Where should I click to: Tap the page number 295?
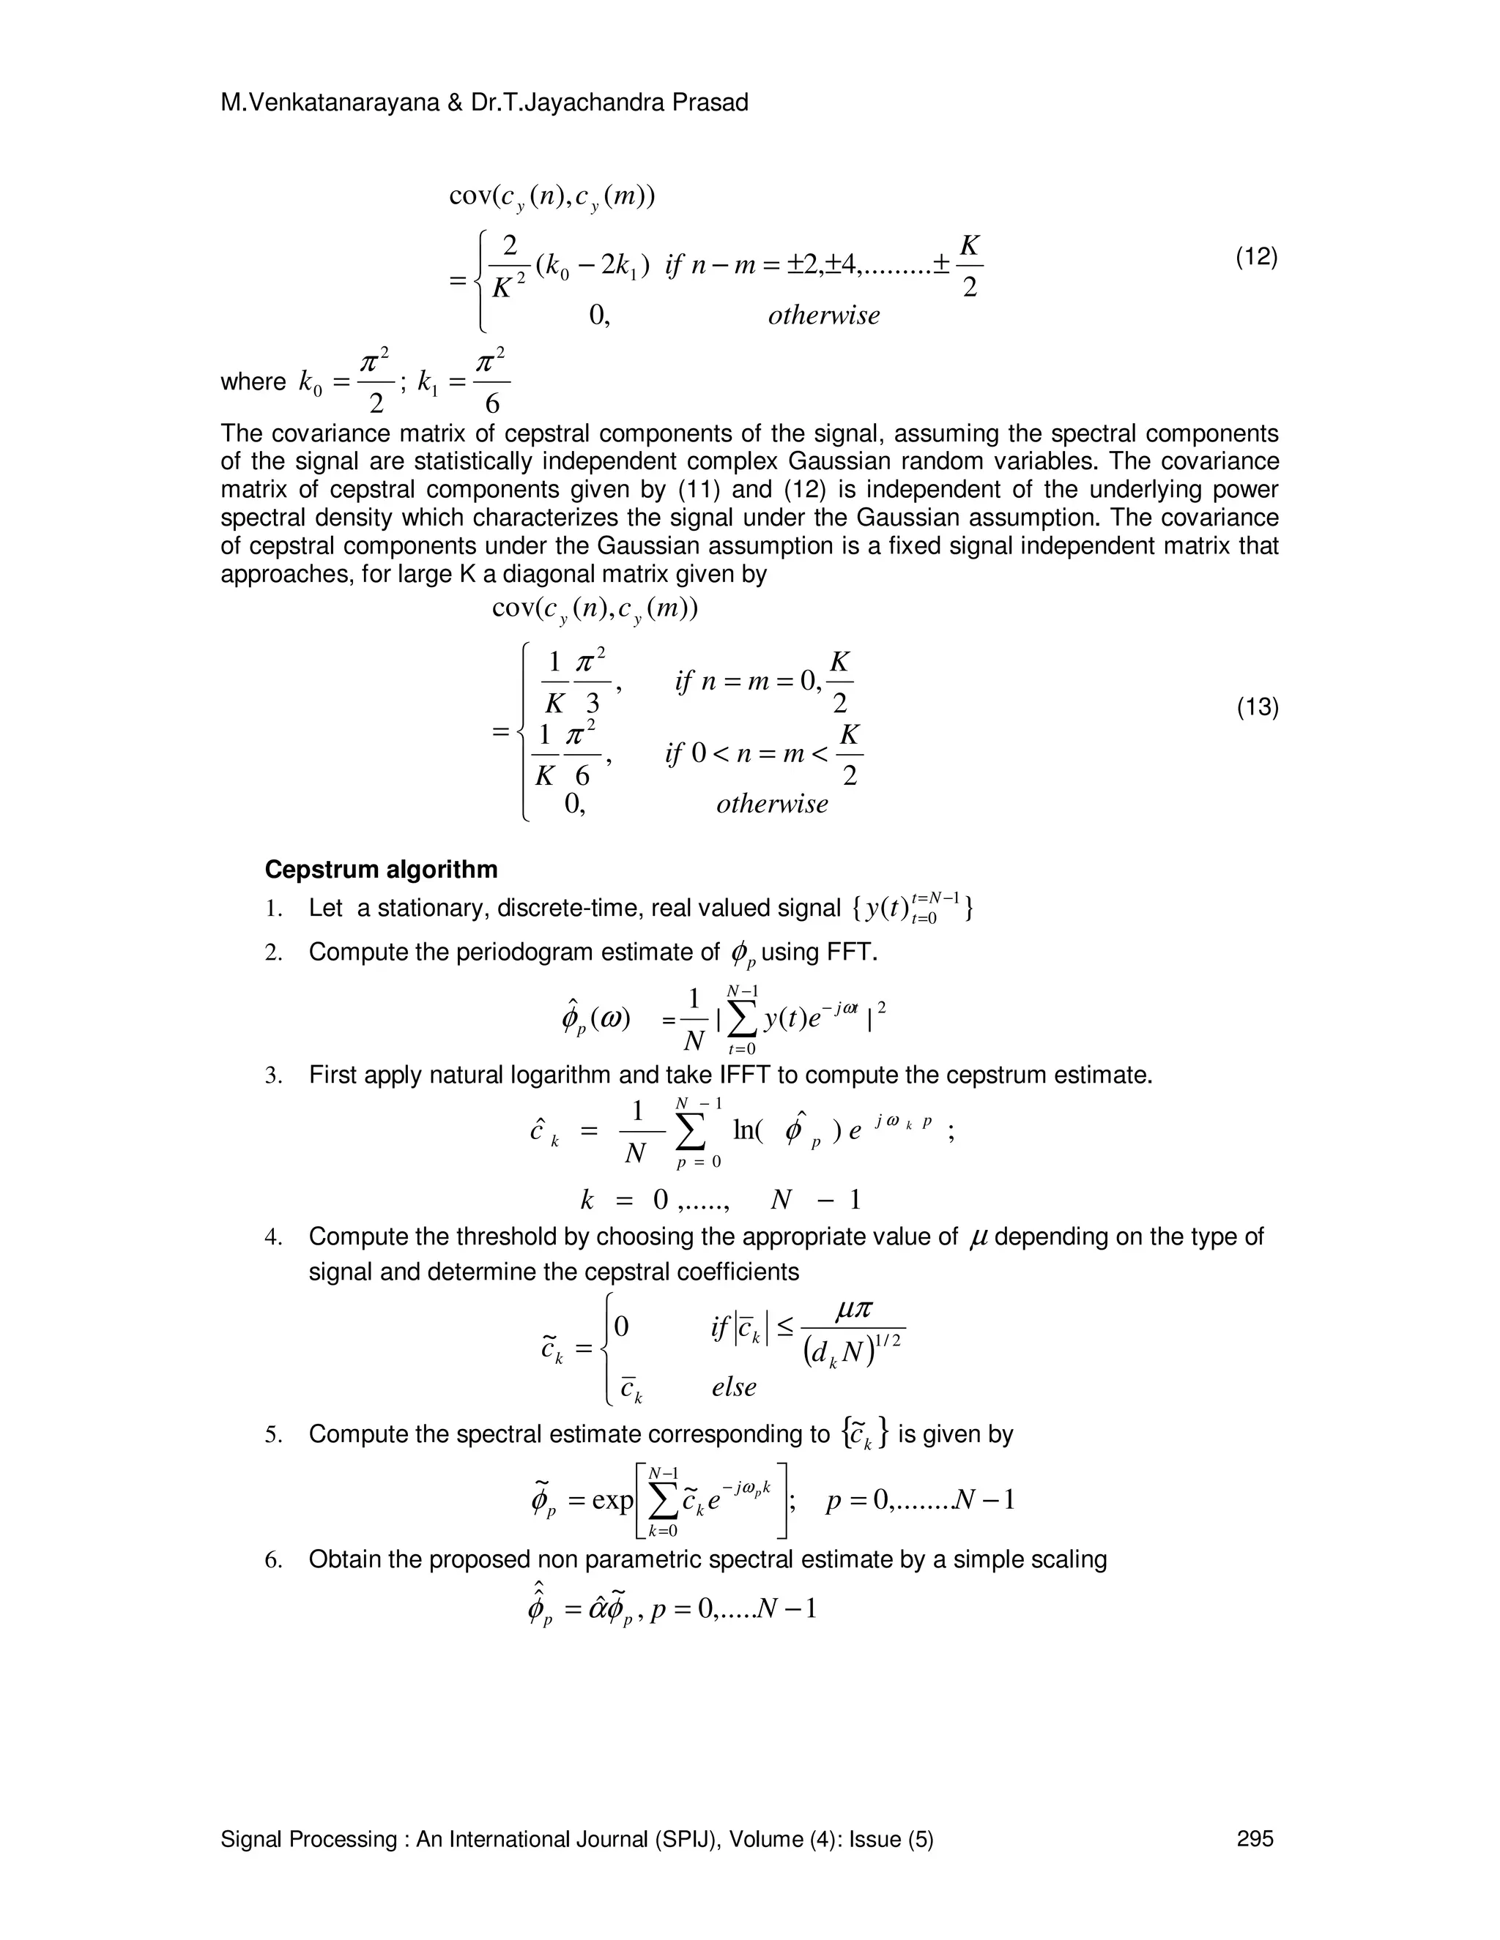[x=1255, y=1839]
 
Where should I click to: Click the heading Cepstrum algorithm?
[x=381, y=869]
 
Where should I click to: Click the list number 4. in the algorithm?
[x=274, y=1236]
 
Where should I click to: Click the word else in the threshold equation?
[x=734, y=1387]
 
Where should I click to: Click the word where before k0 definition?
[x=253, y=382]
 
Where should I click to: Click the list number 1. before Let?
[x=274, y=908]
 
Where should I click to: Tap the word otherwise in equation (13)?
[x=771, y=804]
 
